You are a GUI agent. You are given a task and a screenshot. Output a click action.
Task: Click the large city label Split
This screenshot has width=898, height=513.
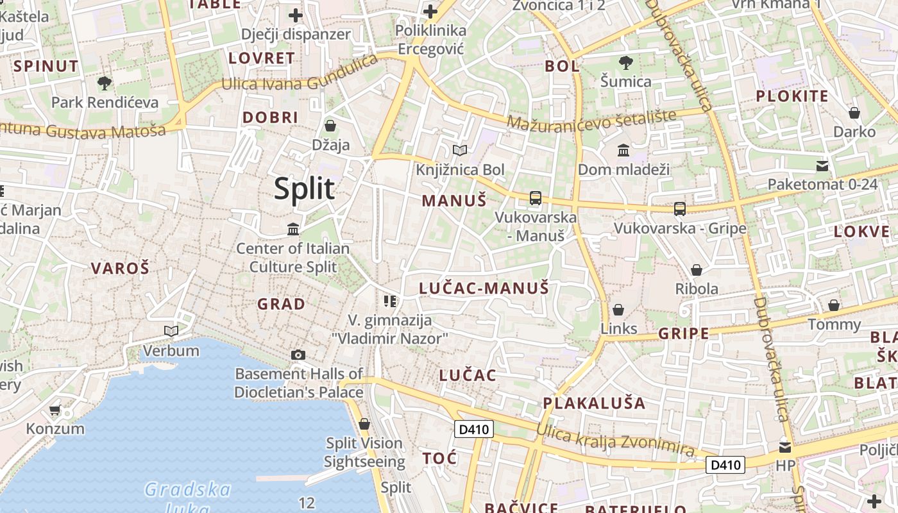[x=304, y=189]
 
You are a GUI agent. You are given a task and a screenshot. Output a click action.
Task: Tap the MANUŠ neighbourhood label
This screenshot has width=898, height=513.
[x=453, y=201]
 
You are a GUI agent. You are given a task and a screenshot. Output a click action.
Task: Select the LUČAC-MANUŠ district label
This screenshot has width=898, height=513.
[x=484, y=289]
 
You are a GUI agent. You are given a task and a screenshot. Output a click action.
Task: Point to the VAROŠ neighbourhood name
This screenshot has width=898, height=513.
[x=120, y=268]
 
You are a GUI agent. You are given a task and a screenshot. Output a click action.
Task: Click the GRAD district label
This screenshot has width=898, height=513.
[x=281, y=304]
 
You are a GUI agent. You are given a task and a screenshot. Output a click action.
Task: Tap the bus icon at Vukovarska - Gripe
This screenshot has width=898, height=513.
[x=680, y=209]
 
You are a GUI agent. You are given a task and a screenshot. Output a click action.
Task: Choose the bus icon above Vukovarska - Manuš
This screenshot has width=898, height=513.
[x=536, y=198]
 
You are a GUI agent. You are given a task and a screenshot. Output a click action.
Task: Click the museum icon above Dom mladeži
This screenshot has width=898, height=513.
[x=623, y=151]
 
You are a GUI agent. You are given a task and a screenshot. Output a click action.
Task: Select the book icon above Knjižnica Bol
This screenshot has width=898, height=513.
[x=459, y=151]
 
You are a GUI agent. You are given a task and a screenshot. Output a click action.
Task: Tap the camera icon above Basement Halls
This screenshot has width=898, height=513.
[x=298, y=355]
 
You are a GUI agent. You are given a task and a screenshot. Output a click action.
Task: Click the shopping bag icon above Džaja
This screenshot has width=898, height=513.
[x=330, y=126]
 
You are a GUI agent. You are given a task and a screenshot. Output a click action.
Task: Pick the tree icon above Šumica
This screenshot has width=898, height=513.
[x=625, y=63]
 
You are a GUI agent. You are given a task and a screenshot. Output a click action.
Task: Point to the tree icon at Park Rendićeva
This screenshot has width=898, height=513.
[x=104, y=83]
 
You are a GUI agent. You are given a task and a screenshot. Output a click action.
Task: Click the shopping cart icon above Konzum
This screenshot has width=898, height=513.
[x=55, y=410]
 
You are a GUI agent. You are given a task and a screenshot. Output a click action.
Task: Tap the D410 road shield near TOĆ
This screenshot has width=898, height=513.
[x=473, y=430]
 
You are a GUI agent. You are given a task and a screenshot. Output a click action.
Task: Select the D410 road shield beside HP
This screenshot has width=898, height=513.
[x=725, y=465]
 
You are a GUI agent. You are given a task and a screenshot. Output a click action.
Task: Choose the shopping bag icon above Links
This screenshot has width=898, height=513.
[x=618, y=310]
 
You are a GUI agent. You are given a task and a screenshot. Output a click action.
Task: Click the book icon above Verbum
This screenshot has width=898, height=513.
[x=171, y=331]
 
